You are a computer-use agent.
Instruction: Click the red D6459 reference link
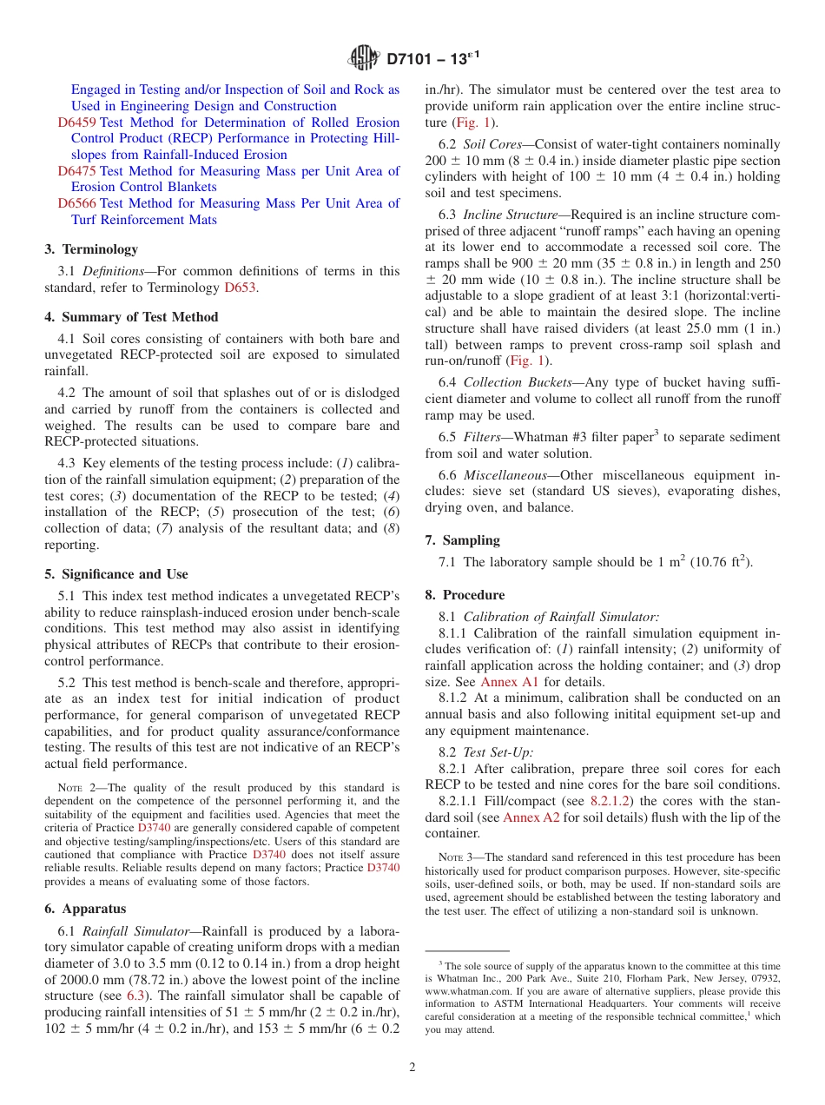click(76, 122)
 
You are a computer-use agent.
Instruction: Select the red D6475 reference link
click(76, 171)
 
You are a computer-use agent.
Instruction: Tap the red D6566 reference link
click(76, 203)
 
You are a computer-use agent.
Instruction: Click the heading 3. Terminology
click(91, 249)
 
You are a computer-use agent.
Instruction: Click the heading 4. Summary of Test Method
click(131, 317)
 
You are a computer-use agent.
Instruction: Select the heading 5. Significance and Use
click(116, 574)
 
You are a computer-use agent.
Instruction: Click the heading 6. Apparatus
click(85, 909)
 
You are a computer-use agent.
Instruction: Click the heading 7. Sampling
click(462, 540)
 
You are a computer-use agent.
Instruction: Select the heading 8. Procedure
click(465, 595)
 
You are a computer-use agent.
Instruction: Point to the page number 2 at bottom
click(412, 1068)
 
